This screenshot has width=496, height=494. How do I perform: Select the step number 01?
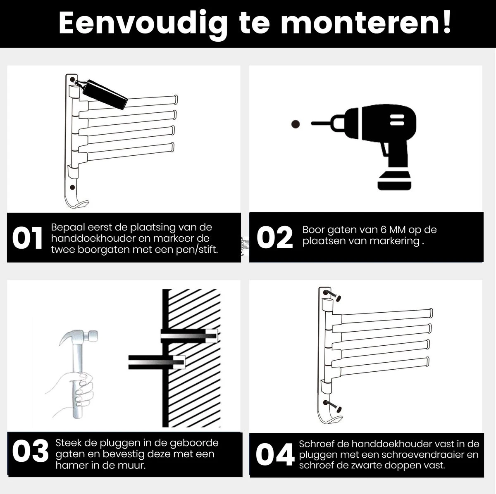(x=27, y=239)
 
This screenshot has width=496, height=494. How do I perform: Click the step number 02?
(x=274, y=237)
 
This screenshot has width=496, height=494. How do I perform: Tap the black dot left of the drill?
(x=295, y=124)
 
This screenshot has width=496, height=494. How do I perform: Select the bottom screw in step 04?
(x=333, y=406)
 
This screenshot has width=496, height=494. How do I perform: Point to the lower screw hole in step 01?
(x=73, y=187)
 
